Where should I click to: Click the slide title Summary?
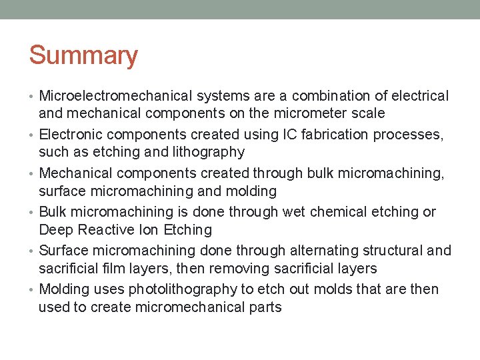(x=83, y=55)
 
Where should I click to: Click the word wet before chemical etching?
(x=295, y=212)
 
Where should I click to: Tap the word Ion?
(x=155, y=230)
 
